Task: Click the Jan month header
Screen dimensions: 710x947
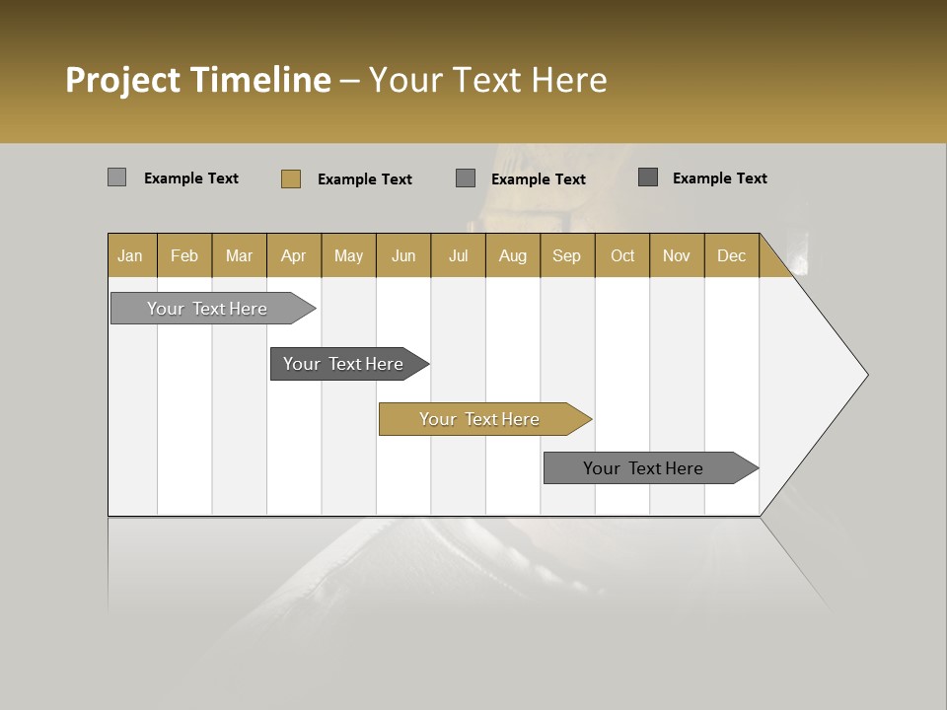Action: click(x=130, y=255)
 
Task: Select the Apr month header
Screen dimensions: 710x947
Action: click(x=293, y=255)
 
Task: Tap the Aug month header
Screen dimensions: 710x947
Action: click(x=512, y=255)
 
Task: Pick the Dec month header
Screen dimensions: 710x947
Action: click(x=731, y=255)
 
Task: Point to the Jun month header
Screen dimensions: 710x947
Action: click(x=403, y=255)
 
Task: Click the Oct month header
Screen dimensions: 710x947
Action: click(x=622, y=255)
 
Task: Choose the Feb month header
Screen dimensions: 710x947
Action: click(x=184, y=255)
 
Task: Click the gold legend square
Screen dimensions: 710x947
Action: click(x=290, y=178)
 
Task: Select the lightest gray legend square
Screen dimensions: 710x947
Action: click(x=116, y=177)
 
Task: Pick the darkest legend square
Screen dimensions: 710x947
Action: click(x=648, y=177)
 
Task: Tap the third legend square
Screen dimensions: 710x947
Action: click(x=466, y=178)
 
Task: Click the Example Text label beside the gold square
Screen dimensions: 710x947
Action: click(x=364, y=179)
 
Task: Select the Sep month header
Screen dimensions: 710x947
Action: click(x=566, y=255)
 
